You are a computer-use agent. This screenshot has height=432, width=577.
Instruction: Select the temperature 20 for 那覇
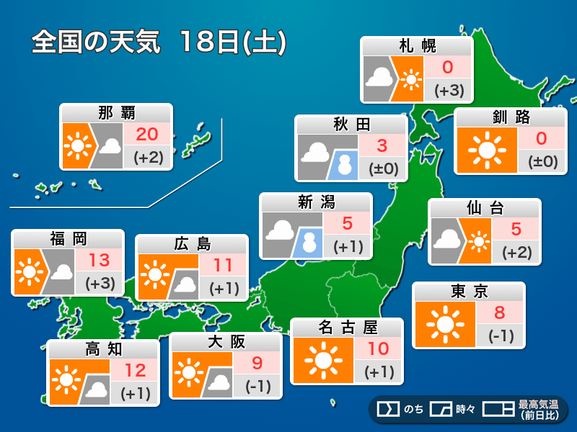tap(147, 134)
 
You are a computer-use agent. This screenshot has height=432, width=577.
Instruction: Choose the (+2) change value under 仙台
tap(517, 252)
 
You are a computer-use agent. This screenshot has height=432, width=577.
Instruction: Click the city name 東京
tap(469, 291)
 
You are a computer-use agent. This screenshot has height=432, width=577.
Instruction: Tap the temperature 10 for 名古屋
tap(379, 349)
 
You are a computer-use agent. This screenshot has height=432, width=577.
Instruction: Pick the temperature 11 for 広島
tap(223, 265)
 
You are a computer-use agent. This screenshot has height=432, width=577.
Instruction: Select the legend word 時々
tap(466, 410)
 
